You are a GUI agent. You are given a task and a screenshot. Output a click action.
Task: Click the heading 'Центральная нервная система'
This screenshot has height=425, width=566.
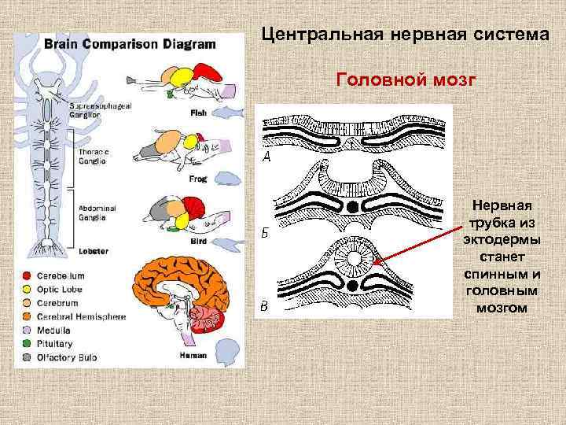pos(406,35)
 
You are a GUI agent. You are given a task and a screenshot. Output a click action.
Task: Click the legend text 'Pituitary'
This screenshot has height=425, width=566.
pos(54,344)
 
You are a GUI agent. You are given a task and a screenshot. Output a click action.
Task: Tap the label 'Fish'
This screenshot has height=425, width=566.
pos(198,113)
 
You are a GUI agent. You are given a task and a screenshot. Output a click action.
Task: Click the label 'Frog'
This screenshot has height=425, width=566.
pos(198,179)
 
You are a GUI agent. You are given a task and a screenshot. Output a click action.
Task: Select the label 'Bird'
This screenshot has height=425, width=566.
pos(198,242)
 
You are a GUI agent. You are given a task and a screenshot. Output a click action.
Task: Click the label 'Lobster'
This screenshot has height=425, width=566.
pos(94,252)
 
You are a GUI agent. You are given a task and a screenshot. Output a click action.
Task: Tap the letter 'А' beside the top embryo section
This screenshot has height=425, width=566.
pos(266,158)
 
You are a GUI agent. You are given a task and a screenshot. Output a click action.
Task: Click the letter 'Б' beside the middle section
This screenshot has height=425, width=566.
pos(266,232)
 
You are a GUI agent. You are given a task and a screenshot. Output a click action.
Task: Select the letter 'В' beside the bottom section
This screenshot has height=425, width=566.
pos(265,306)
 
